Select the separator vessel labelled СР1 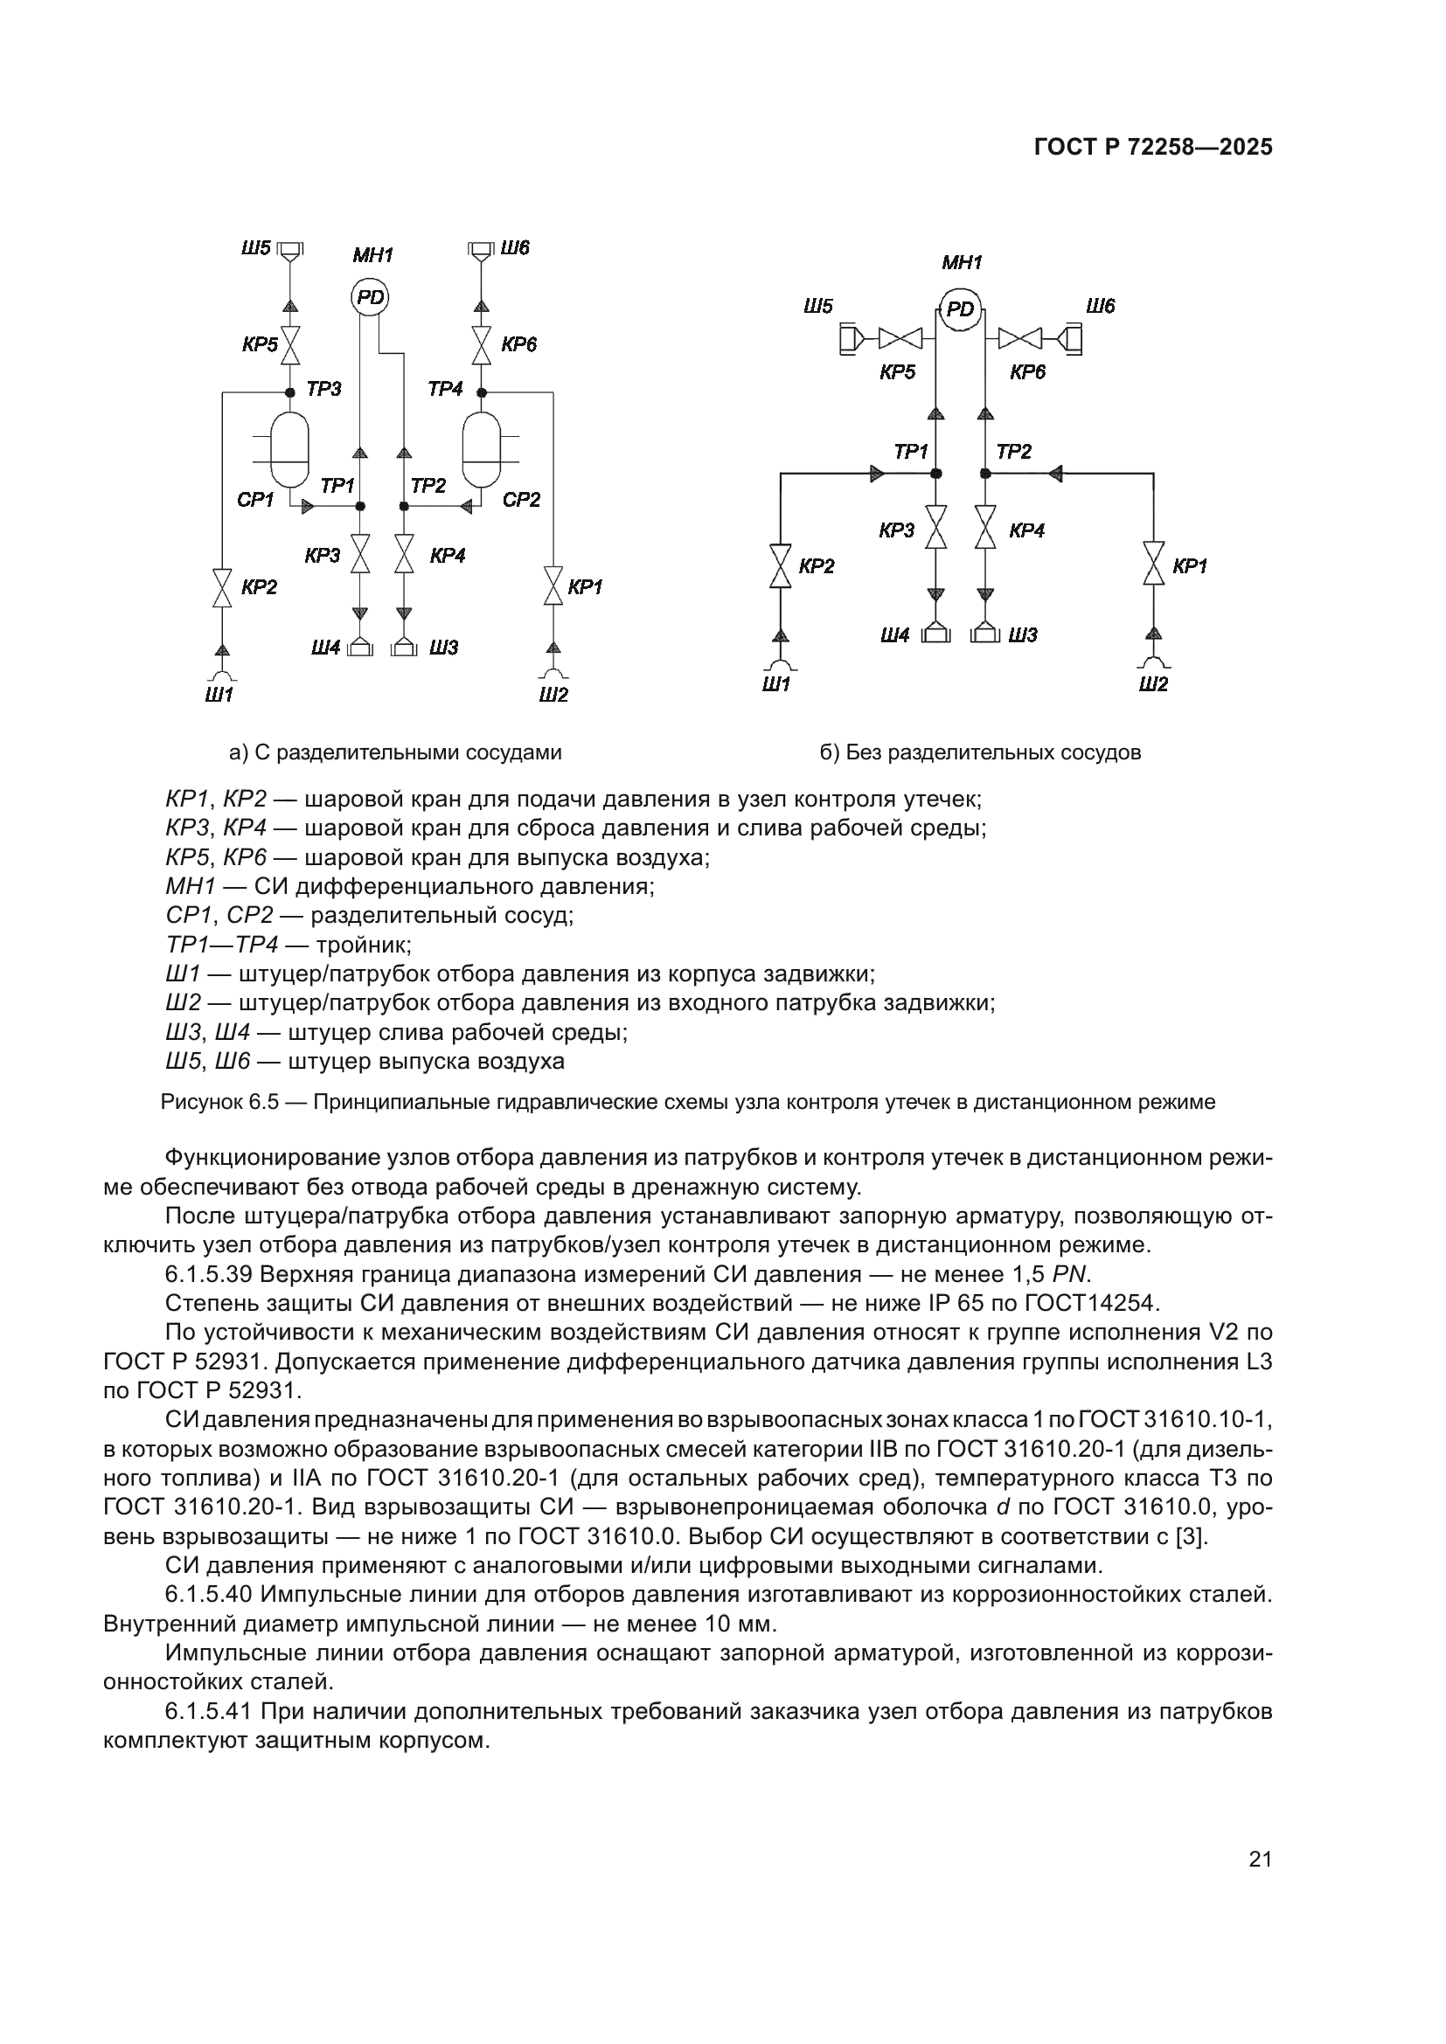pos(289,449)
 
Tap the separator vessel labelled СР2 pos(482,449)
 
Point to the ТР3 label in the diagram pos(323,389)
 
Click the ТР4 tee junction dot pos(482,392)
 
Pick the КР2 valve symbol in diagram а pos(222,588)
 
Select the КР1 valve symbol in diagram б pos(1154,565)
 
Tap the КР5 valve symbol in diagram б pos(900,338)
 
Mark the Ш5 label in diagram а pos(255,247)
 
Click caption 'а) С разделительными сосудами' pos(395,753)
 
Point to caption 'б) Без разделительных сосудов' pos(980,753)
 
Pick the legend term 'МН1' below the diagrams pos(191,887)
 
